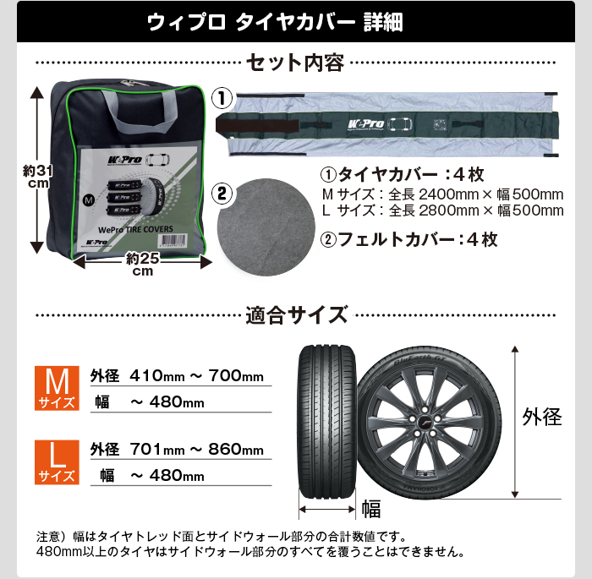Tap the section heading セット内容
[x=295, y=63]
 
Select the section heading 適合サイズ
[x=296, y=316]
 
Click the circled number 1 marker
[x=221, y=97]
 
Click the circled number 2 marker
[x=221, y=194]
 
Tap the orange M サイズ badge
[x=55, y=389]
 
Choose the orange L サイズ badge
[x=55, y=463]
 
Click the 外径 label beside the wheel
[x=541, y=416]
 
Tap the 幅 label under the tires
[x=371, y=508]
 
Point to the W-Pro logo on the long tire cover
[x=365, y=124]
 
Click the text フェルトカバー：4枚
[x=409, y=239]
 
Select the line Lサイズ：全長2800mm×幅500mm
[x=442, y=210]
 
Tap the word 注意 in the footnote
[x=47, y=536]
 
